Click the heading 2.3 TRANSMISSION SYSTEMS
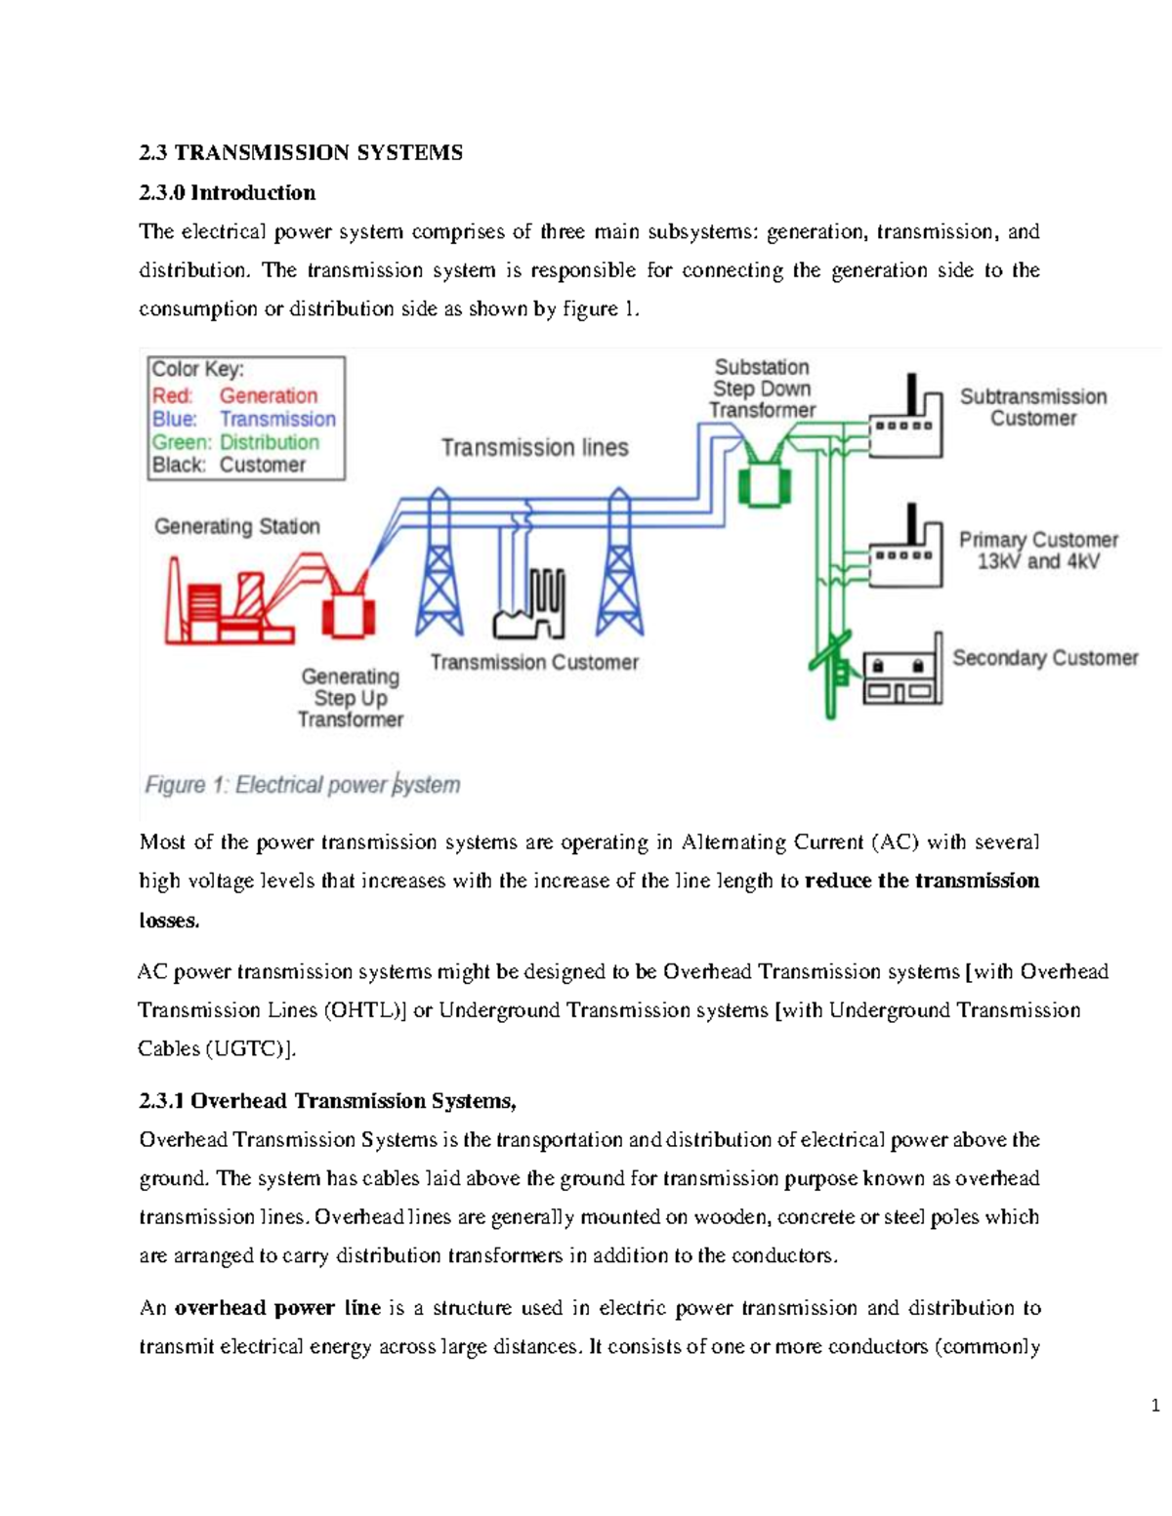pyautogui.click(x=301, y=152)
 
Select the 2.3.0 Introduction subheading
pyautogui.click(x=227, y=192)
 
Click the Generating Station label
pyautogui.click(x=237, y=526)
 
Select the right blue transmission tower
pyautogui.click(x=618, y=566)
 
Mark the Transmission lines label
pyautogui.click(x=534, y=448)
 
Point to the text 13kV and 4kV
pyautogui.click(x=1038, y=561)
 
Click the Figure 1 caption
pyautogui.click(x=302, y=785)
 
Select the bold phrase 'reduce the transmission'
pyautogui.click(x=921, y=881)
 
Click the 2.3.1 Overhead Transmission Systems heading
pyautogui.click(x=327, y=1101)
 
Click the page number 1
pyautogui.click(x=1155, y=1406)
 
